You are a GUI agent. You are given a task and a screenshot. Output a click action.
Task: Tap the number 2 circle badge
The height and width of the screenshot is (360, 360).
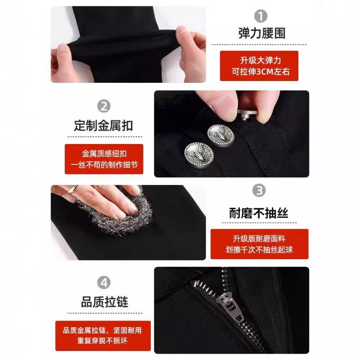pyautogui.click(x=104, y=106)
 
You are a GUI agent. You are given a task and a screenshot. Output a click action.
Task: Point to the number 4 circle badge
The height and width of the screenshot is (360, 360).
pyautogui.click(x=104, y=283)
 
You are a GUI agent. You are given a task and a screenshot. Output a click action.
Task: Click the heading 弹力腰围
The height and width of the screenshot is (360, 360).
pyautogui.click(x=262, y=33)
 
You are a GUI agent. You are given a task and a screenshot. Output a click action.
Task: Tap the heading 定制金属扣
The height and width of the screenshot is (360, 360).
pyautogui.click(x=103, y=125)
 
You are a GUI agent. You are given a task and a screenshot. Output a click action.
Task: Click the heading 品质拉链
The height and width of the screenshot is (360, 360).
pyautogui.click(x=104, y=301)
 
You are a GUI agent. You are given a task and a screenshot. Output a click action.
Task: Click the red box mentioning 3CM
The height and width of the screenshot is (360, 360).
pyautogui.click(x=259, y=66)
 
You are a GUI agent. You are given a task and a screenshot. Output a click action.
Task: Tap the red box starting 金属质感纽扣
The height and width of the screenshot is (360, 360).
pyautogui.click(x=103, y=159)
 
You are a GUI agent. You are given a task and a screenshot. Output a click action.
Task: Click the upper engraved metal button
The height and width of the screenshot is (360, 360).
pyautogui.click(x=217, y=134)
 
